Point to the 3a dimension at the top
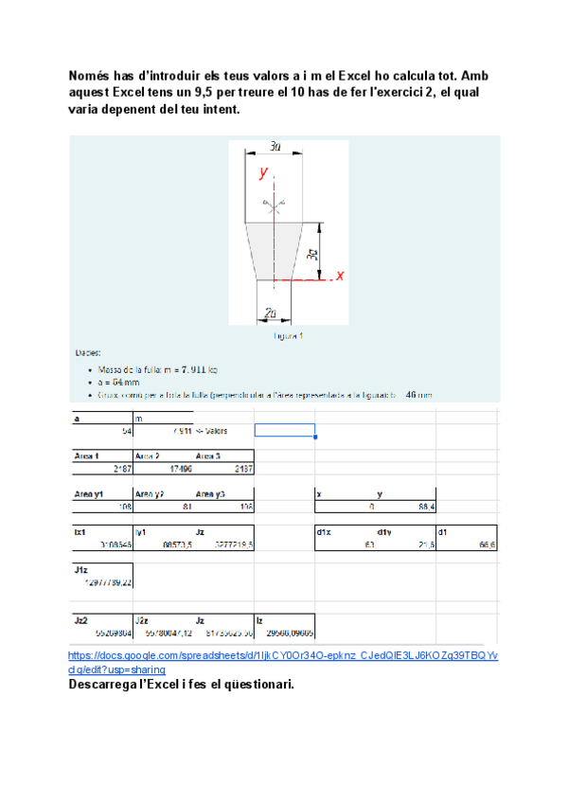(275, 147)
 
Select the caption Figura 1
(287, 335)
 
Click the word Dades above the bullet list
(88, 350)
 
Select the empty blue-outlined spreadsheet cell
(284, 430)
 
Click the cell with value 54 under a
(126, 431)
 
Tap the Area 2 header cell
(147, 455)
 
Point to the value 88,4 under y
(426, 507)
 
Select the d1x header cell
(324, 532)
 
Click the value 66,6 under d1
(488, 544)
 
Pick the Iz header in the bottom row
(260, 619)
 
